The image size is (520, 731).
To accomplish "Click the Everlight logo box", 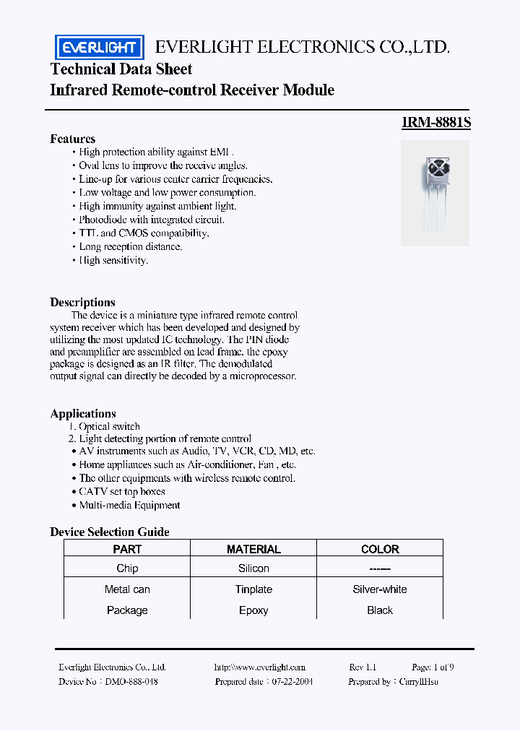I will click(x=100, y=48).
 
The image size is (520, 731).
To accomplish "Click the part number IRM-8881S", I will click(x=436, y=123).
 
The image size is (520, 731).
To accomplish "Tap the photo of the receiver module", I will click(x=435, y=192).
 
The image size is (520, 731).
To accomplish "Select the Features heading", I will click(x=72, y=139).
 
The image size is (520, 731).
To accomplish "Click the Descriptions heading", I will click(x=82, y=302).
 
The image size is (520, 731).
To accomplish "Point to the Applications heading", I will click(x=83, y=413).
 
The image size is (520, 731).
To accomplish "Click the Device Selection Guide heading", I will click(x=110, y=532).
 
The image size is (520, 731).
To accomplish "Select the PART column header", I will click(x=127, y=549).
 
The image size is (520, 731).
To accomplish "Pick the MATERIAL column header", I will click(x=253, y=549).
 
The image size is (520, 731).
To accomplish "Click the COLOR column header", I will click(x=380, y=549).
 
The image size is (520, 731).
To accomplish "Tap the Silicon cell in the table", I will click(x=253, y=568).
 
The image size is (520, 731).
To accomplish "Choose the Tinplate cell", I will click(x=253, y=589).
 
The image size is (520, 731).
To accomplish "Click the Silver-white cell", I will click(x=380, y=589).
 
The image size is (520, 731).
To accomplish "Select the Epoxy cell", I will click(x=253, y=610).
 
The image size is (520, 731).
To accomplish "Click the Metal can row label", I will click(x=127, y=589).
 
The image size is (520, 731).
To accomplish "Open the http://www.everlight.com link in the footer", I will click(x=260, y=667).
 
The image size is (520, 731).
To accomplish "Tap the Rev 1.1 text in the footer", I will click(x=363, y=667).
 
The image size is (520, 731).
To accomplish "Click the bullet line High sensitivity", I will click(x=113, y=260).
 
